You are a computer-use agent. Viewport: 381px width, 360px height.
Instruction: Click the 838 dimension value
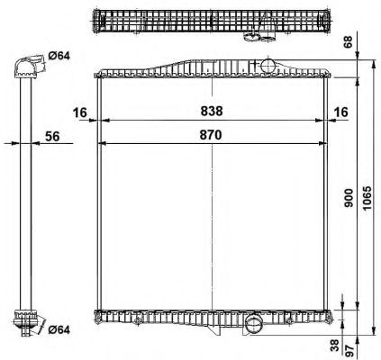[213, 111]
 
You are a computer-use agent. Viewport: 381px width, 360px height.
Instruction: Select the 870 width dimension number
[213, 133]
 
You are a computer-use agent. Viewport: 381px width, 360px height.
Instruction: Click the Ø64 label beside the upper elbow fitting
[59, 58]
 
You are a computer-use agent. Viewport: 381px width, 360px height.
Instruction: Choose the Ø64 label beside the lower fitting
[59, 328]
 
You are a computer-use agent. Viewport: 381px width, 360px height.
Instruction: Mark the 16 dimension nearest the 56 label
[81, 111]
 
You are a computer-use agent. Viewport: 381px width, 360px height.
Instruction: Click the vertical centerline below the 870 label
[213, 225]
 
